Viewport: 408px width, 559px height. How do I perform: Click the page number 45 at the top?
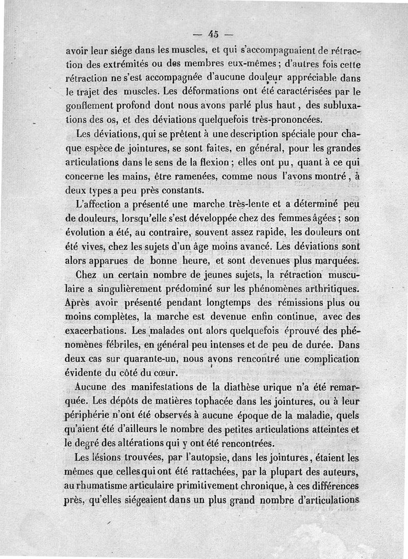click(x=213, y=34)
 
